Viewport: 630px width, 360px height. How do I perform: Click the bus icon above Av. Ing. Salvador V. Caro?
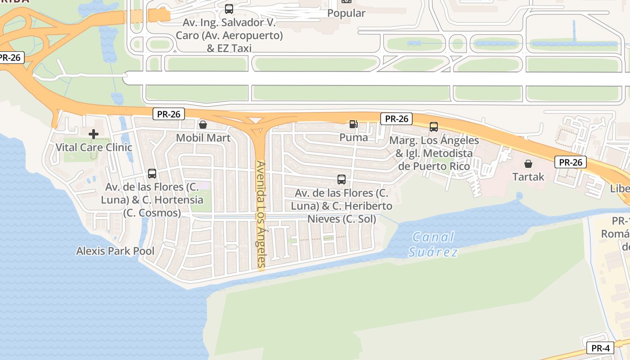tap(229, 9)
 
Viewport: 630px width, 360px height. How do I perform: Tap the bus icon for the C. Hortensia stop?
tap(152, 174)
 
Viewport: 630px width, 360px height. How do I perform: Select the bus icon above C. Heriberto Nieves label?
tap(342, 180)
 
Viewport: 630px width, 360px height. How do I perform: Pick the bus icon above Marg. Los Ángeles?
tap(434, 127)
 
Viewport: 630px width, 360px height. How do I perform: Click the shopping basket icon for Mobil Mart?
tap(203, 124)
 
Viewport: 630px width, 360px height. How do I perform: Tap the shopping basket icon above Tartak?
tap(528, 164)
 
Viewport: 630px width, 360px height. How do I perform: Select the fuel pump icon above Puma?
tap(354, 124)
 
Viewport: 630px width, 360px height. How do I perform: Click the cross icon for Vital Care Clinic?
tap(94, 134)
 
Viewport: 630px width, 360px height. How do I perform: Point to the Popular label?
tap(346, 13)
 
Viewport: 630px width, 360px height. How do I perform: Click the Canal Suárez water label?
tap(433, 244)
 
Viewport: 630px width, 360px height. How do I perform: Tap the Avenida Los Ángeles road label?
tap(261, 215)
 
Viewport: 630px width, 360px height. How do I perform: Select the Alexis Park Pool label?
tap(115, 251)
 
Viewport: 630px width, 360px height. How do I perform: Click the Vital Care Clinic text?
tap(94, 147)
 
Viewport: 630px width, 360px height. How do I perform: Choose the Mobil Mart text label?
tap(203, 138)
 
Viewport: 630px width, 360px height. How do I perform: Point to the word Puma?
tap(354, 137)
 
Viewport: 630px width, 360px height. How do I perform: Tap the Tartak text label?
tap(528, 177)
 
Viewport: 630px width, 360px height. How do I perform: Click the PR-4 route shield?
tap(600, 348)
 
